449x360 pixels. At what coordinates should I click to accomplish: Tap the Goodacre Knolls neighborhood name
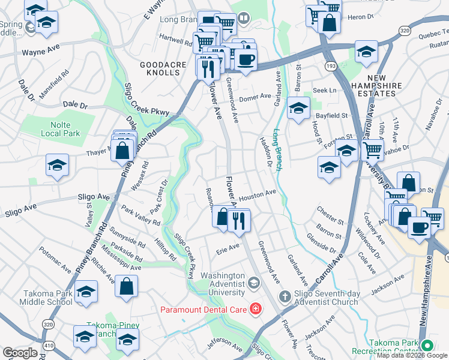(x=160, y=68)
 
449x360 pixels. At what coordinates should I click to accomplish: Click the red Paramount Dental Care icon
(x=256, y=309)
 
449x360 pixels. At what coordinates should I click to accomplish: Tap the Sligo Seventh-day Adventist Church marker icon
(x=285, y=296)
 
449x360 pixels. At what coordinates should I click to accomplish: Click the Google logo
(x=20, y=353)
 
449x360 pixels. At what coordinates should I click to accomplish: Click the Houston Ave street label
(x=257, y=196)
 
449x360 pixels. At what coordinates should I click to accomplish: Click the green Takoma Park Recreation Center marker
(x=427, y=346)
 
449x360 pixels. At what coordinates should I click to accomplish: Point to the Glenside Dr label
(x=321, y=244)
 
